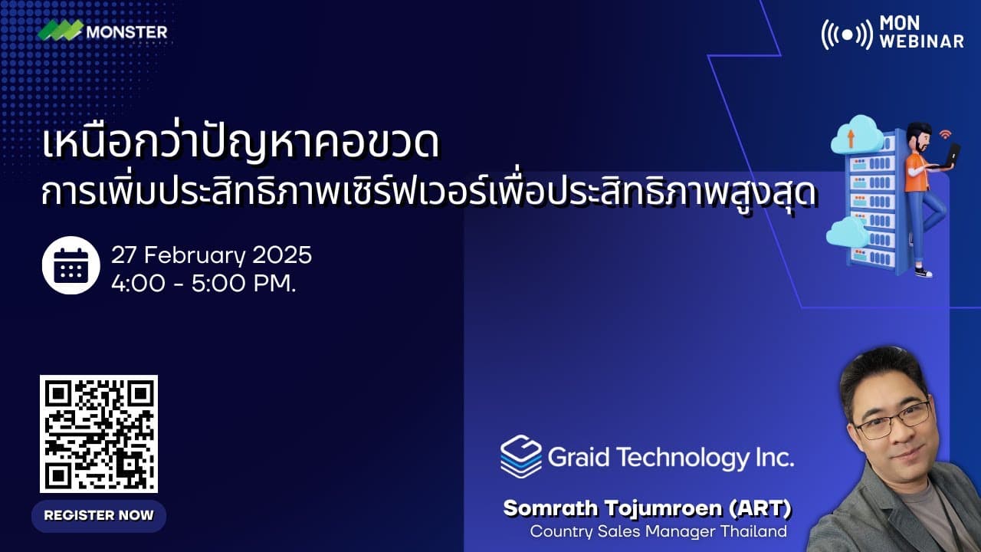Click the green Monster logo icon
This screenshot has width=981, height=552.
[x=61, y=31]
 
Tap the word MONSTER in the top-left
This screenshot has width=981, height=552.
[x=126, y=32]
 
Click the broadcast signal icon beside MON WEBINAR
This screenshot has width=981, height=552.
[x=846, y=34]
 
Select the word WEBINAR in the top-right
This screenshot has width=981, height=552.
[x=921, y=41]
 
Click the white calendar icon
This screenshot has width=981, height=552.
[x=71, y=265]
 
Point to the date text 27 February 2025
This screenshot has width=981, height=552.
[x=211, y=255]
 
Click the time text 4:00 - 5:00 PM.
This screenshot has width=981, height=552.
[x=203, y=283]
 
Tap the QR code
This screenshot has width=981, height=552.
[x=98, y=433]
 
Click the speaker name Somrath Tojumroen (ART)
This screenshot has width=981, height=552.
[x=647, y=508]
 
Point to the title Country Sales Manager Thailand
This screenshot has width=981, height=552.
[x=658, y=531]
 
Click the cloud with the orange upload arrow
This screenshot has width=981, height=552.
[x=855, y=136]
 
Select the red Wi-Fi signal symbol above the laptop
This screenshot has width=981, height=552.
[x=945, y=133]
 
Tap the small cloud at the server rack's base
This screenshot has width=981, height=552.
[x=848, y=232]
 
